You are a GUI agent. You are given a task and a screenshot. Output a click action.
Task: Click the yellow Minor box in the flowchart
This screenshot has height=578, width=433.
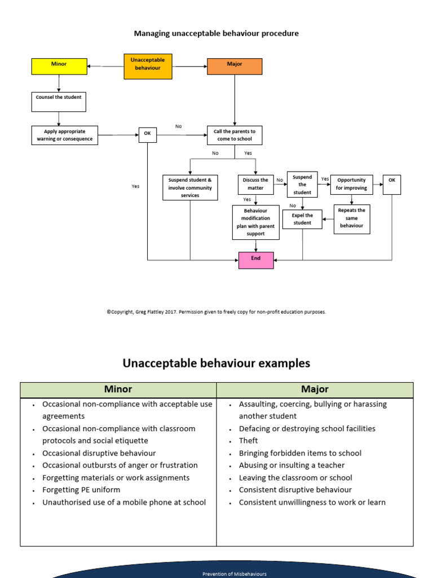[59, 66]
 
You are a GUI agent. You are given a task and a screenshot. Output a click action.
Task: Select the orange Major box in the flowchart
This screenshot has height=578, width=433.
[235, 66]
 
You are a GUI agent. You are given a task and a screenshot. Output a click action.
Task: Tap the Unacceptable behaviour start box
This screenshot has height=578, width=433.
[148, 66]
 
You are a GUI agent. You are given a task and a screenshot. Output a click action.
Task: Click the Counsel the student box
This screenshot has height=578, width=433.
[59, 101]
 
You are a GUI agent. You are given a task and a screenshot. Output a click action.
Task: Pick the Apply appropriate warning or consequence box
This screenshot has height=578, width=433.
[64, 135]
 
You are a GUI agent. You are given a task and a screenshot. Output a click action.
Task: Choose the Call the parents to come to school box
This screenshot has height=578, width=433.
[235, 135]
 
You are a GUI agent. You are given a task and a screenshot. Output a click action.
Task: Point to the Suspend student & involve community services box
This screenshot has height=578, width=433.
[190, 187]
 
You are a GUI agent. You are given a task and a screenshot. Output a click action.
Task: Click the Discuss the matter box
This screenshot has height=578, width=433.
[256, 184]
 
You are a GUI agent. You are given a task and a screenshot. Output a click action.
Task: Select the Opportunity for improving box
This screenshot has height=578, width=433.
[352, 185]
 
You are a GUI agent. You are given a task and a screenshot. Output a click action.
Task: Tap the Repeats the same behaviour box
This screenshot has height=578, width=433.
[352, 218]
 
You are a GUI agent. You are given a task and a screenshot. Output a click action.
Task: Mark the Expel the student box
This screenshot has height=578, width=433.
[302, 219]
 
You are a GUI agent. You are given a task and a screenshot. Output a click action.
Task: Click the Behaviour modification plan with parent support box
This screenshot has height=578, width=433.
[256, 222]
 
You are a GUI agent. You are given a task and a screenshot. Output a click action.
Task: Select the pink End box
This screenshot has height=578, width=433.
[256, 260]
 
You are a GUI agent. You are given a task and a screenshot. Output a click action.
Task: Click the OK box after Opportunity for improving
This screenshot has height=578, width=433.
[392, 185]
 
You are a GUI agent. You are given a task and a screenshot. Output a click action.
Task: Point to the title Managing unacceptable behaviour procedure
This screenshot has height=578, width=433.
[216, 34]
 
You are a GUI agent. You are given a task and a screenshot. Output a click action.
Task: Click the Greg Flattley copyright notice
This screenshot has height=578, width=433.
[216, 312]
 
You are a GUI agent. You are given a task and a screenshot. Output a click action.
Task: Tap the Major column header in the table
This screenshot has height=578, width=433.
[315, 389]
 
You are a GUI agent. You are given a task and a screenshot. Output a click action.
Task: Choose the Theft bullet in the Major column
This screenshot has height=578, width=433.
[249, 441]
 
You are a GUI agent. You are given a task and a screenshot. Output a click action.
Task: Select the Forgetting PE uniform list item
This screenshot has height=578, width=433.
[81, 490]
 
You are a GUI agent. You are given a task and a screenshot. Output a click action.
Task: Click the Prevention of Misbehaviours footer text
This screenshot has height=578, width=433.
[235, 573]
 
